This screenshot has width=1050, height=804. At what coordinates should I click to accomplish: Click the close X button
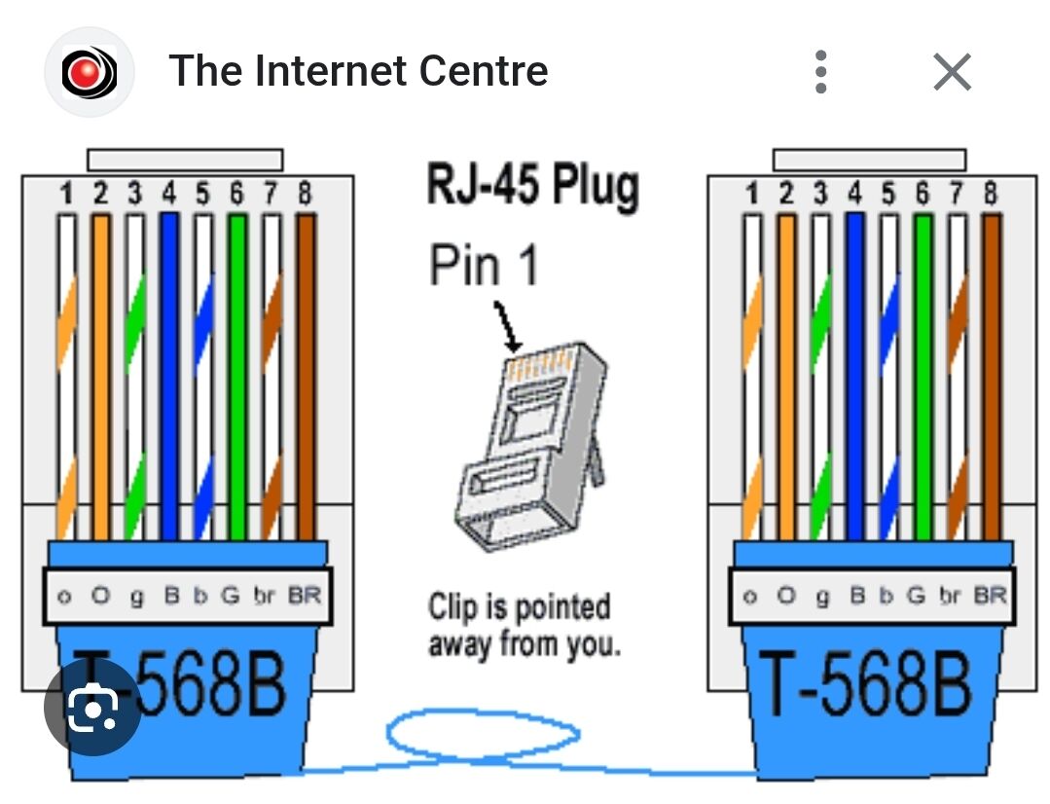[951, 72]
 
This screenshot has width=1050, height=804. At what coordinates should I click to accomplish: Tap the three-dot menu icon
[821, 72]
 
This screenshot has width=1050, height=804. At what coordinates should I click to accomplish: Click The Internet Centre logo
[89, 72]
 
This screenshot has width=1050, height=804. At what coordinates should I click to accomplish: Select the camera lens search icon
[93, 708]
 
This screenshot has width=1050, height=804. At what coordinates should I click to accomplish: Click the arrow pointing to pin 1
[507, 327]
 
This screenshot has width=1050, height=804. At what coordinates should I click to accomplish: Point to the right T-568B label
[864, 684]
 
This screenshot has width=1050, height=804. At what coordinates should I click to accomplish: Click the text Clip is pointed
[520, 607]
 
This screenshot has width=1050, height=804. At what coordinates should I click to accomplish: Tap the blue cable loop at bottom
[484, 736]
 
